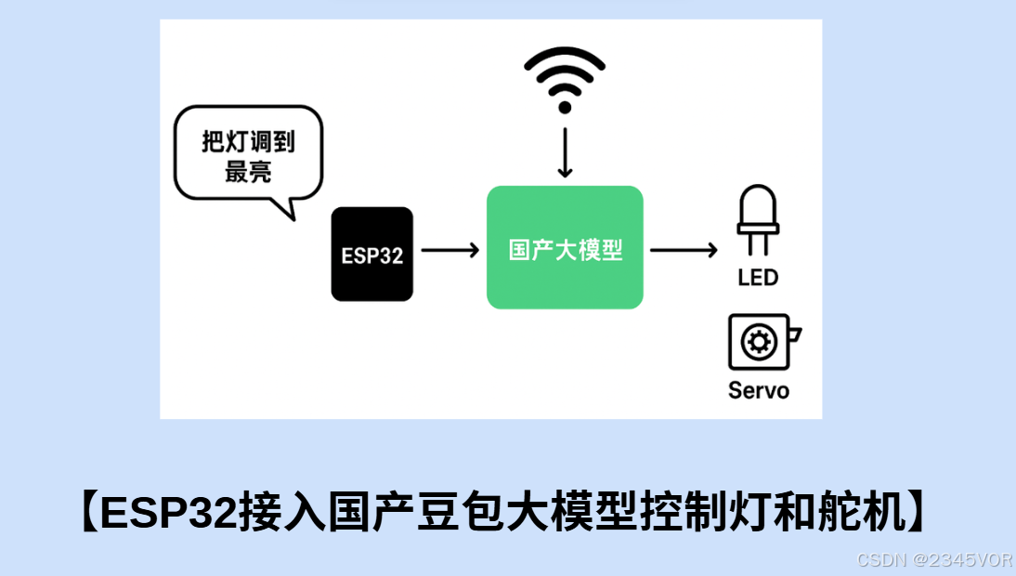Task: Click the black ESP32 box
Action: (371, 254)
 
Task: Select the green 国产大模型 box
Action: (565, 247)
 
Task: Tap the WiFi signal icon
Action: (565, 79)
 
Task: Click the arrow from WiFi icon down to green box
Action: (565, 153)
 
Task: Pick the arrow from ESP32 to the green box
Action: (449, 250)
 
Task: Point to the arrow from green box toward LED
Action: (684, 250)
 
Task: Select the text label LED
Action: (758, 277)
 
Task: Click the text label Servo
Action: (759, 390)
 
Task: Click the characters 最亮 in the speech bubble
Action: (248, 171)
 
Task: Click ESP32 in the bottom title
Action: (167, 513)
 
